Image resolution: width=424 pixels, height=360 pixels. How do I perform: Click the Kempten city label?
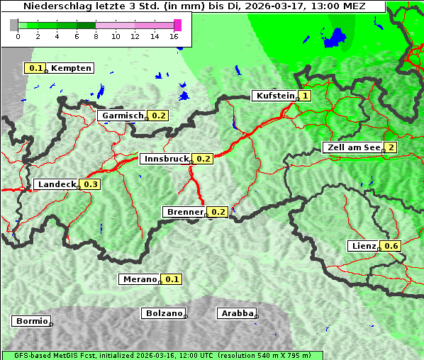pyautogui.click(x=71, y=68)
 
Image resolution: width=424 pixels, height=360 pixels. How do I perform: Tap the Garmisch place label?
pyautogui.click(x=123, y=116)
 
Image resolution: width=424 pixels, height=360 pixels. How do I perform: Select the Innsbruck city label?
pyautogui.click(x=165, y=159)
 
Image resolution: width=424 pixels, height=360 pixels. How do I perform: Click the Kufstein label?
pyautogui.click(x=274, y=96)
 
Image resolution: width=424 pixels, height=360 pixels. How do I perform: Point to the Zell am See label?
pyautogui.click(x=352, y=147)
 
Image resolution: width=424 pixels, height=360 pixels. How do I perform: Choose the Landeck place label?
pyautogui.click(x=57, y=184)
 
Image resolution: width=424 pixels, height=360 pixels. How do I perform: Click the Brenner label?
pyautogui.click(x=184, y=212)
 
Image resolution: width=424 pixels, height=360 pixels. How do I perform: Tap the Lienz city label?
pyautogui.click(x=364, y=246)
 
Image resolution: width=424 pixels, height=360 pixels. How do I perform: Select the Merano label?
pyautogui.click(x=139, y=279)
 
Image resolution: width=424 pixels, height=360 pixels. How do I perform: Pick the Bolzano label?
pyautogui.click(x=164, y=313)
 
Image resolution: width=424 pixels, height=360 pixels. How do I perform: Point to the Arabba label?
pyautogui.click(x=236, y=313)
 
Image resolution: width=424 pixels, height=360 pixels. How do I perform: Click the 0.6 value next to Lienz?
pyautogui.click(x=392, y=246)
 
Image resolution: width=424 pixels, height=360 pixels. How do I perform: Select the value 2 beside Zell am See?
pyautogui.click(x=391, y=147)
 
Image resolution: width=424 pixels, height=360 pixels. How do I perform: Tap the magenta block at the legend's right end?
pyautogui.click(x=177, y=25)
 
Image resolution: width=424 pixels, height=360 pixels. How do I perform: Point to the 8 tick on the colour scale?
pyautogui.click(x=96, y=36)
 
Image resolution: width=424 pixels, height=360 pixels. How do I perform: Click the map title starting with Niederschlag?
pyautogui.click(x=194, y=6)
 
